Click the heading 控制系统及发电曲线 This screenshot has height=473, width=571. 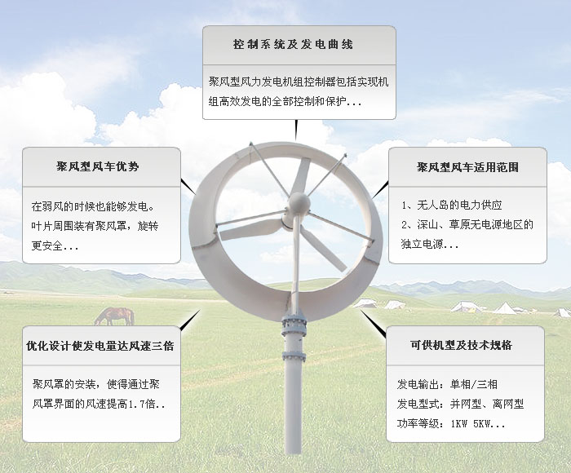tap(293, 44)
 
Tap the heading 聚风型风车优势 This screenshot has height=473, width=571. tap(98, 166)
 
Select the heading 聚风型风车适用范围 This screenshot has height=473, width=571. tap(467, 167)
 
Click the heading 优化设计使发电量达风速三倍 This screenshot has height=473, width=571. tap(100, 346)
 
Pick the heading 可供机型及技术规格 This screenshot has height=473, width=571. tap(462, 345)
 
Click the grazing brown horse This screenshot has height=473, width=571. tap(114, 316)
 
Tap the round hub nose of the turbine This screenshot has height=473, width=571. tap(299, 202)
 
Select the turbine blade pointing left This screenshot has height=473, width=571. tap(250, 229)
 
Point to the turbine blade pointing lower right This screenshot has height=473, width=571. tap(323, 248)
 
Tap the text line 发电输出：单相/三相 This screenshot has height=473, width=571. tap(447, 384)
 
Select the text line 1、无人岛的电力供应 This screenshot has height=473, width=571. tap(452, 205)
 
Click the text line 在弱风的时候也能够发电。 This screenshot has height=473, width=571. tap(93, 206)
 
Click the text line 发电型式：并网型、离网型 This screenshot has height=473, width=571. tap(460, 404)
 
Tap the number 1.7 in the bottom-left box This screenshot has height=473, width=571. tap(136, 404)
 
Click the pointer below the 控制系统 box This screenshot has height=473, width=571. tap(296, 130)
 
